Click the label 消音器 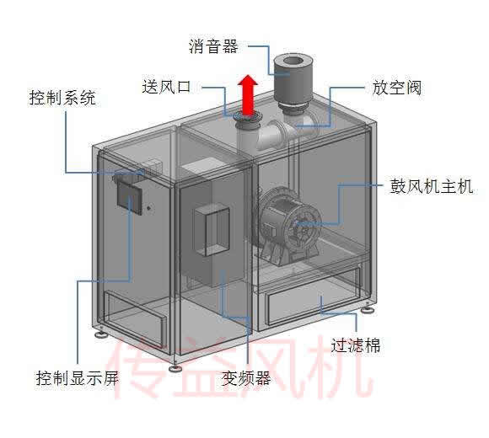(213, 46)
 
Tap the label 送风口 (166, 87)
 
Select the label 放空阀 (397, 88)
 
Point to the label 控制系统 (62, 98)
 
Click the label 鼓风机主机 (432, 186)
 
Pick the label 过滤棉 (356, 345)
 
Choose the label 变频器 (245, 378)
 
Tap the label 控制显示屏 (78, 378)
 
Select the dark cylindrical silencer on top (293, 81)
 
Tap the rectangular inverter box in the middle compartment (212, 230)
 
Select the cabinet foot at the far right (368, 309)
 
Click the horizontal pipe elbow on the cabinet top (275, 135)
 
